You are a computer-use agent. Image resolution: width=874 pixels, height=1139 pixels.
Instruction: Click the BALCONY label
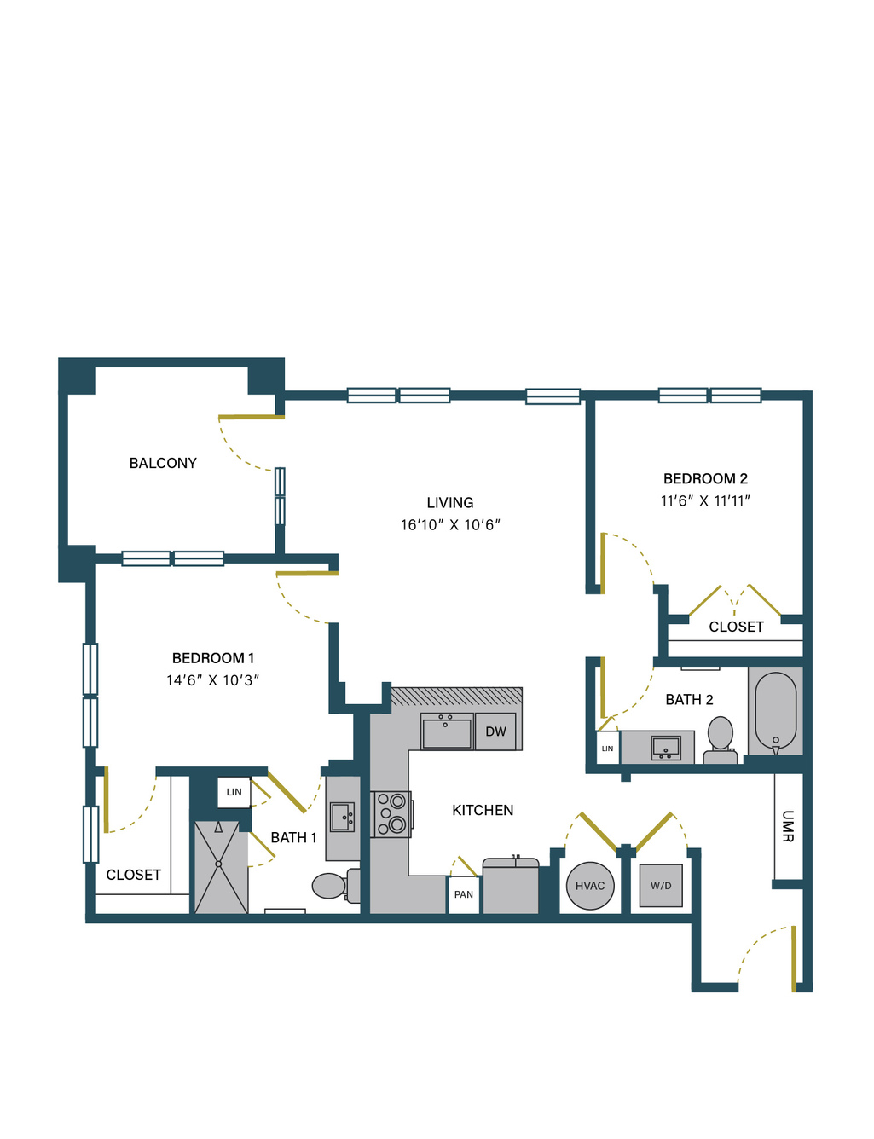tap(163, 463)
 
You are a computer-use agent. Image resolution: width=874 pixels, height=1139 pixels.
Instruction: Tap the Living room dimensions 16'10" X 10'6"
tap(450, 524)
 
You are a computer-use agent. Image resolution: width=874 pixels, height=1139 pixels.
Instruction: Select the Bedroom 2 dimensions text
tap(705, 500)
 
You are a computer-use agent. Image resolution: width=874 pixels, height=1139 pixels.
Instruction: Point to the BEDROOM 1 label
tap(213, 658)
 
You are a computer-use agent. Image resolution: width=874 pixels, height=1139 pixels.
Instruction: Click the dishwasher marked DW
tap(495, 731)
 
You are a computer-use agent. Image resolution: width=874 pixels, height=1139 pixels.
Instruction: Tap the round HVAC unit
tap(590, 886)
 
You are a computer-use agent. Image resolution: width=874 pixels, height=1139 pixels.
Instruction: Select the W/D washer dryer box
tap(661, 886)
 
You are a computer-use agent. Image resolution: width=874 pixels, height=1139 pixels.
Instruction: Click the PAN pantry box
tap(464, 894)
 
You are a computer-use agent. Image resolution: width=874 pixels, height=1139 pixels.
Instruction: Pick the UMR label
tap(788, 827)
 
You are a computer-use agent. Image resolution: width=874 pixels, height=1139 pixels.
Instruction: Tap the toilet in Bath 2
tap(721, 741)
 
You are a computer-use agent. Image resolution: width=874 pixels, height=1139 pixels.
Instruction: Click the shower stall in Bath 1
tap(221, 868)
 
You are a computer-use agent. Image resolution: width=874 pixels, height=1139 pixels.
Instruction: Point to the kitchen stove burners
tap(391, 814)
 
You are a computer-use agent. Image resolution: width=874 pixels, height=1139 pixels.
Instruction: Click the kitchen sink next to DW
tap(447, 731)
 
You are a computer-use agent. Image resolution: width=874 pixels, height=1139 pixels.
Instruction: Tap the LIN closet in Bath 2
tap(608, 749)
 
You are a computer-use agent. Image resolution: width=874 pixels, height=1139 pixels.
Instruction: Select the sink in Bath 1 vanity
tap(342, 817)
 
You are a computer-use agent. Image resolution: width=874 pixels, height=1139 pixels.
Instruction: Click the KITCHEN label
tap(483, 811)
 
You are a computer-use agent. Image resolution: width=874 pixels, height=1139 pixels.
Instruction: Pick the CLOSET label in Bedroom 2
tap(736, 627)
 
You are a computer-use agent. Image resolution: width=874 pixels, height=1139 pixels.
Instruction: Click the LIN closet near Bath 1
tap(234, 792)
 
